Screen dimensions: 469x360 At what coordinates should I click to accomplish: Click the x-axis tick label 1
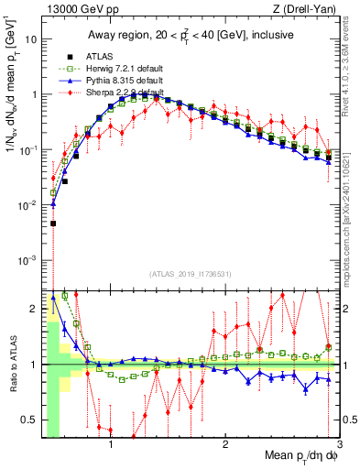point(111,446)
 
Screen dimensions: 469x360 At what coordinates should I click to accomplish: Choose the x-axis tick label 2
point(225,446)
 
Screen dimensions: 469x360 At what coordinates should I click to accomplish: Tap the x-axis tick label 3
point(339,446)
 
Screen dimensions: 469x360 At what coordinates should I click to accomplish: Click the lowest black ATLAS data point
point(53,223)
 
